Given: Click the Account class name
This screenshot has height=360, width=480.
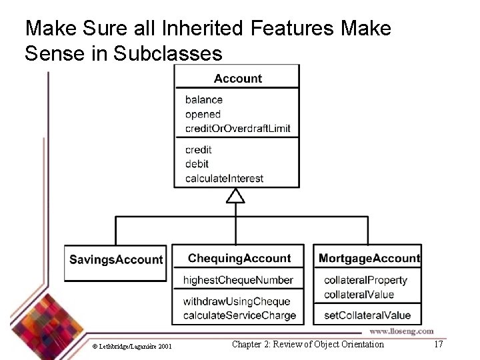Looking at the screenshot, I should [x=237, y=79].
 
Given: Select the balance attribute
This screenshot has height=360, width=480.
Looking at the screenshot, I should [x=203, y=100].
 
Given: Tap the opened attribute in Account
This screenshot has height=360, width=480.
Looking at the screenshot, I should [x=203, y=114].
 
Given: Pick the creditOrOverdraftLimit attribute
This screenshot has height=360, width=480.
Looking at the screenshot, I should [x=237, y=128].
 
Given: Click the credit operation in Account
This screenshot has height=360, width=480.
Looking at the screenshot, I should [x=198, y=150].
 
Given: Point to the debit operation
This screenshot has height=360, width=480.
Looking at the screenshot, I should [x=197, y=164].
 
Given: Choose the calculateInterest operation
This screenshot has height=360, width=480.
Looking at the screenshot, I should [x=224, y=179].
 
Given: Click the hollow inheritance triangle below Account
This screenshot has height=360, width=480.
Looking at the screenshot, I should [x=235, y=195].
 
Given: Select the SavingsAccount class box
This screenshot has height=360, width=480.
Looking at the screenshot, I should [x=116, y=259].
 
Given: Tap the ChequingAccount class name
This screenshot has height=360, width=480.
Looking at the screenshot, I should [x=239, y=258].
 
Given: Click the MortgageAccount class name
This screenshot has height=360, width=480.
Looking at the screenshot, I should [x=369, y=258].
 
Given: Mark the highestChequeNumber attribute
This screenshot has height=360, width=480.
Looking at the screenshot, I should [x=238, y=280].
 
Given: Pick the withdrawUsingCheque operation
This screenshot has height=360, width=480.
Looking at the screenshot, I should [x=237, y=301].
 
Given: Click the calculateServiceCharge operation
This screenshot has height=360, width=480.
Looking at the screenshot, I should [x=239, y=315].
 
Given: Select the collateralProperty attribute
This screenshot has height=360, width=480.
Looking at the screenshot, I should [x=365, y=280].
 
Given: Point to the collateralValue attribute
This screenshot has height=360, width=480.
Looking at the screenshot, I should [x=359, y=294].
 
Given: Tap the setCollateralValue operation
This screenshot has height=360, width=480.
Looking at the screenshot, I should [x=367, y=315].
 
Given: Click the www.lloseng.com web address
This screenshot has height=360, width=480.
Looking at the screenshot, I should [x=401, y=331].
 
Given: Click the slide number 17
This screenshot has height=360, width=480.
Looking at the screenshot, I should [x=438, y=345].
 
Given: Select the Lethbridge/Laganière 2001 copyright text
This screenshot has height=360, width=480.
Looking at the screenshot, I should [x=132, y=346].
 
